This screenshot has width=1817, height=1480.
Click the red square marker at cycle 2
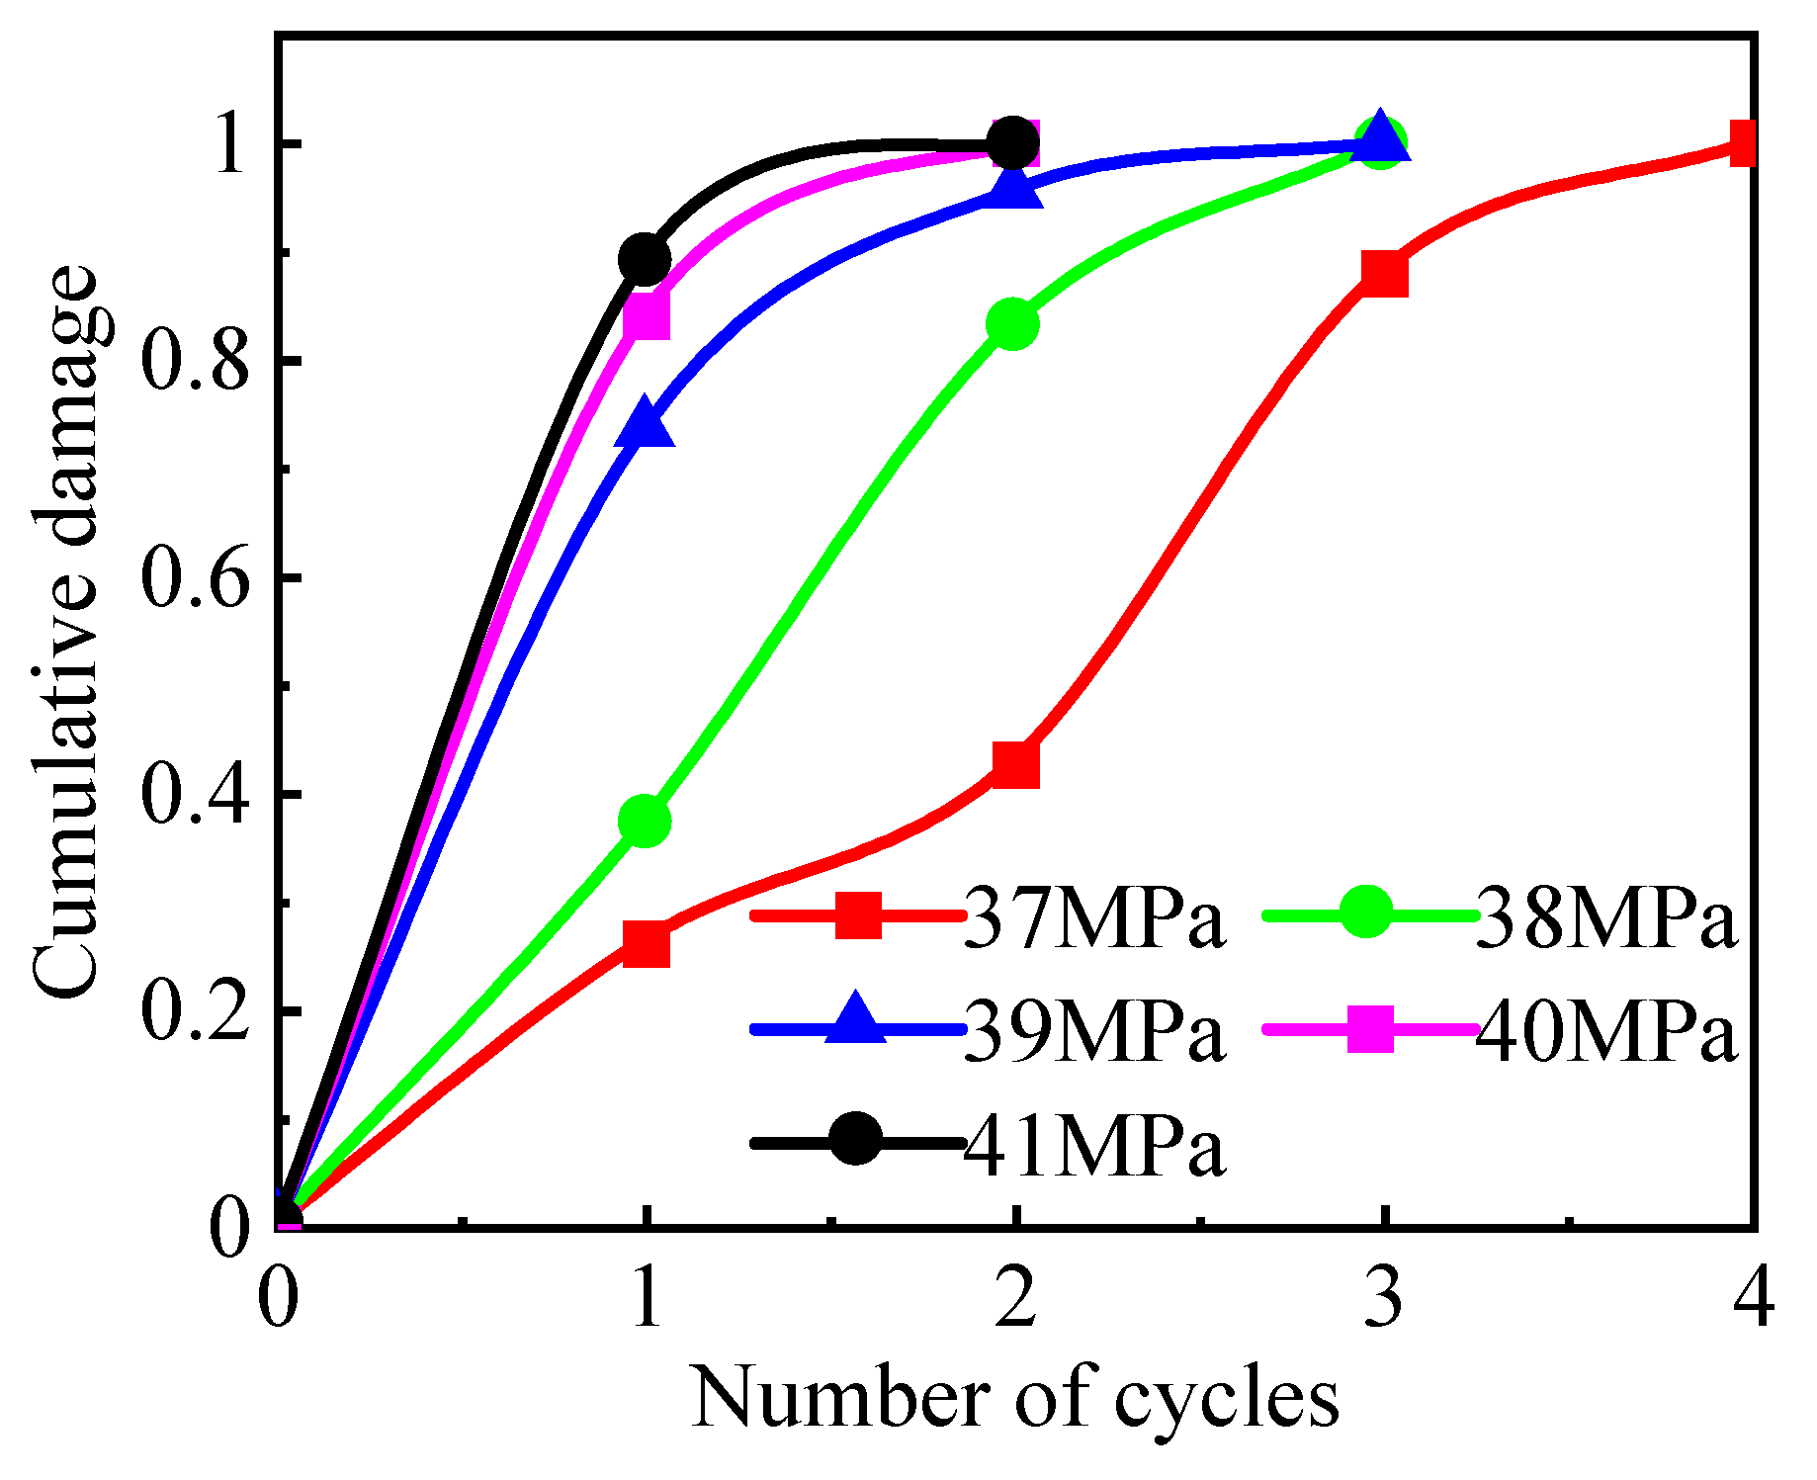[1014, 763]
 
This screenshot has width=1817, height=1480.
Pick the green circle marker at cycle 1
[645, 821]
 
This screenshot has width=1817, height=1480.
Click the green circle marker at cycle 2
[1012, 323]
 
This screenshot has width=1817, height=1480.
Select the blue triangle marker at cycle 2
[1014, 186]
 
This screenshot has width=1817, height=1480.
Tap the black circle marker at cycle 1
[645, 259]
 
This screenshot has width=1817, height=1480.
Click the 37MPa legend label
[1094, 916]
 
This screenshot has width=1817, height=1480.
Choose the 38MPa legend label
[1605, 916]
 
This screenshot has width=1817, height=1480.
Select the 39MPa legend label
[1094, 1031]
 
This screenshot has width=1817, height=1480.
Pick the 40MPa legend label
[1605, 1031]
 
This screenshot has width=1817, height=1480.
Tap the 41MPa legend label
[1094, 1144]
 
